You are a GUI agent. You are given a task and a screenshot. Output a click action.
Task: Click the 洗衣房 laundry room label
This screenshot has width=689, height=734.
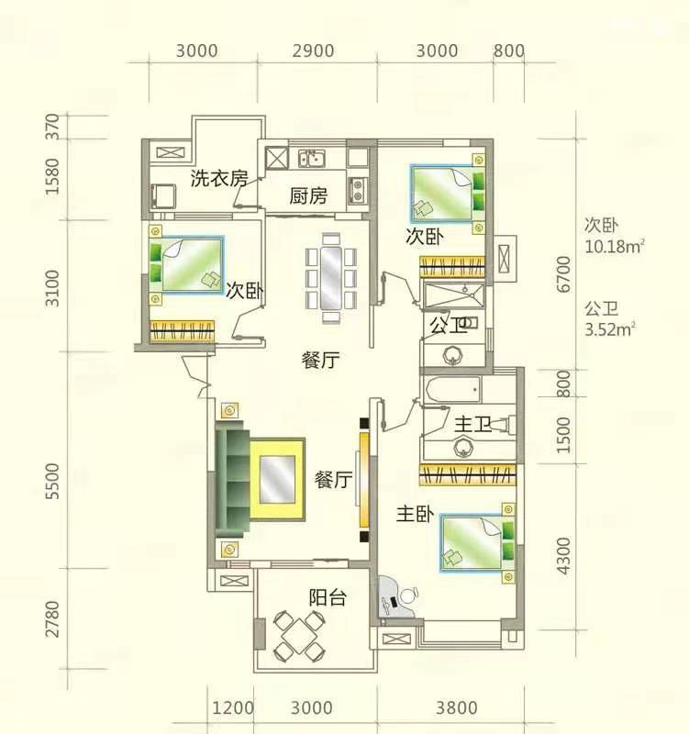[218, 178]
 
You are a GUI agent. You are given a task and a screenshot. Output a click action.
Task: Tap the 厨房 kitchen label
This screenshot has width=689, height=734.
[308, 195]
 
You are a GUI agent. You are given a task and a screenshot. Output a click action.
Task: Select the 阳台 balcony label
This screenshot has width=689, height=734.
[328, 597]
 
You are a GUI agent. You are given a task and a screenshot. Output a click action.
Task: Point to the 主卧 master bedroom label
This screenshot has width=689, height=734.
[416, 514]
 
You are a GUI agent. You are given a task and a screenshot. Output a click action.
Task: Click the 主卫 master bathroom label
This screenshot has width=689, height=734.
[472, 425]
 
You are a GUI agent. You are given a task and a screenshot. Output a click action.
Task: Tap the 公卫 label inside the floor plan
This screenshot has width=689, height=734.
[449, 325]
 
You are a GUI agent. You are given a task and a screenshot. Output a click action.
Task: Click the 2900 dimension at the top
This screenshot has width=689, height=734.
[313, 50]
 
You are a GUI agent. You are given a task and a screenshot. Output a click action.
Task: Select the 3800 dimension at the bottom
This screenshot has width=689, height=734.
[457, 707]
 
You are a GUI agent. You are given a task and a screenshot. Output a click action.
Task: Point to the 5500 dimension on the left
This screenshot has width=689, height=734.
[53, 481]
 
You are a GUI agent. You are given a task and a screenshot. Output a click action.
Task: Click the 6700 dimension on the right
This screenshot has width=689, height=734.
[564, 274]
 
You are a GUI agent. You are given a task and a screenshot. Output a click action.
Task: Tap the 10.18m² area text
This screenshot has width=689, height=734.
[614, 246]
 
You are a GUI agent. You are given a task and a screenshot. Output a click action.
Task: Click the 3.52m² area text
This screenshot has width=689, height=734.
[609, 329]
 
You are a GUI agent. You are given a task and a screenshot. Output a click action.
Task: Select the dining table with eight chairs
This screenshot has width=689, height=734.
[331, 279]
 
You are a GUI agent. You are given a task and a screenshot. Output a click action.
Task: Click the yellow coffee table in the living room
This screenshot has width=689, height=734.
[277, 479]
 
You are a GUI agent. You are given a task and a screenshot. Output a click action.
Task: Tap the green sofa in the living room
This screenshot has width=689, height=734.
[230, 479]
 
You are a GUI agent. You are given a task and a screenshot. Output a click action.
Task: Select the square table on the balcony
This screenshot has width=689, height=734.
[298, 635]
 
